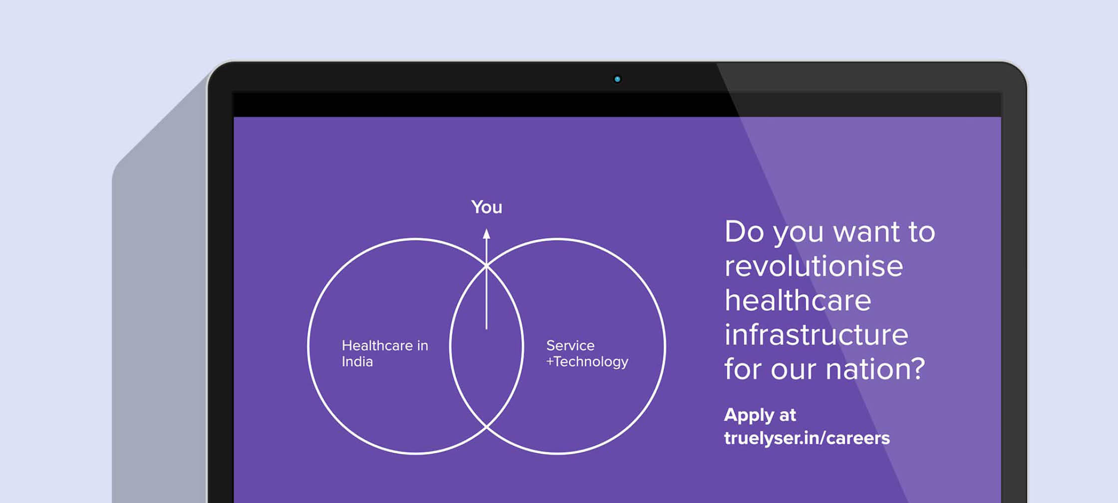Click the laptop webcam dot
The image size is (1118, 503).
click(x=617, y=79)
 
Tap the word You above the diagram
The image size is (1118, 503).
click(x=487, y=207)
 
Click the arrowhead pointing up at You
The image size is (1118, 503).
click(x=487, y=234)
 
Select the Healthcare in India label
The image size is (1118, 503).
click(x=385, y=353)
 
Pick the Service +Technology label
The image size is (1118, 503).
click(x=587, y=353)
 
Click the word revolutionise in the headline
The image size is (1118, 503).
click(x=814, y=266)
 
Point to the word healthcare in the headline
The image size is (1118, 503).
click(x=798, y=300)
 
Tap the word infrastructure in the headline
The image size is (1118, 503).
click(x=816, y=335)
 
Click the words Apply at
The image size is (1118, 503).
click(x=760, y=415)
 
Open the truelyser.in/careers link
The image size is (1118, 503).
click(x=807, y=438)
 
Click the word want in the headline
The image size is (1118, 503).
click(x=866, y=232)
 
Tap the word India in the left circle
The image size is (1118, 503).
click(x=357, y=361)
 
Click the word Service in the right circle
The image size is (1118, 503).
click(x=570, y=345)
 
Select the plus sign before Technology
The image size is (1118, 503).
click(x=550, y=361)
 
